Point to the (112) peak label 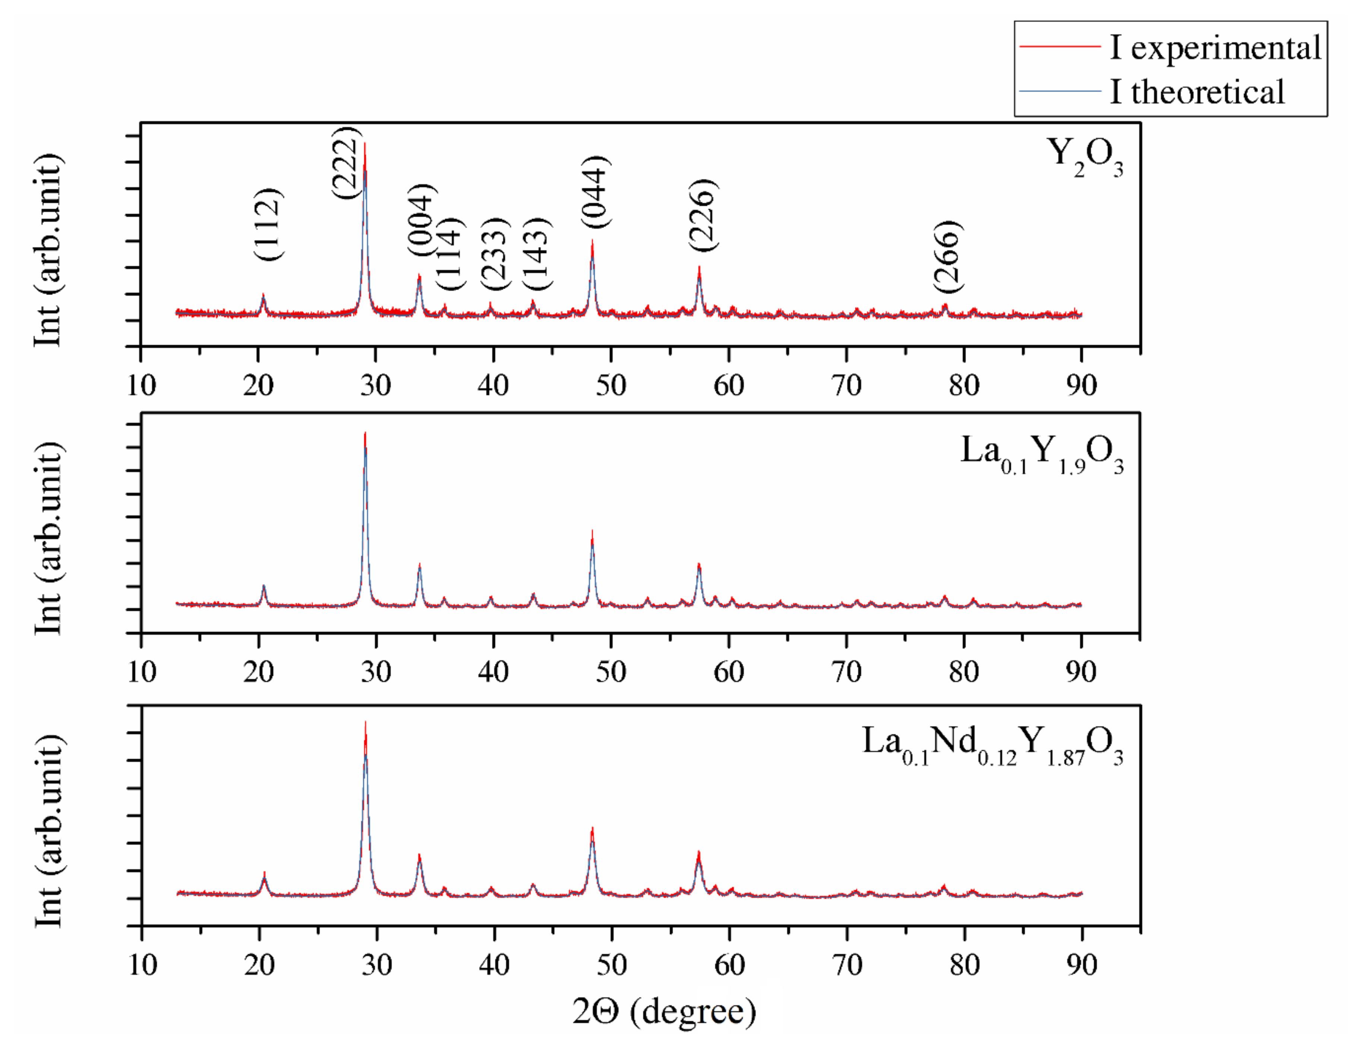tap(268, 224)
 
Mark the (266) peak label tap(948, 257)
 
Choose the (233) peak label tap(495, 254)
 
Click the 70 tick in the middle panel tap(846, 672)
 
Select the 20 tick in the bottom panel tap(259, 965)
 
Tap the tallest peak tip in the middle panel tap(365, 434)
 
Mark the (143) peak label tap(536, 254)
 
